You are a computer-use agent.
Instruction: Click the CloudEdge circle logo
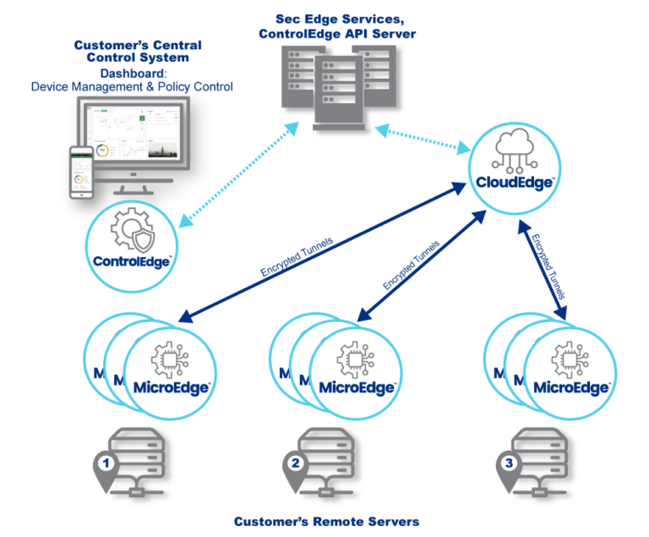coord(514,167)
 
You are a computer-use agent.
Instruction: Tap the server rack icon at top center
coord(338,85)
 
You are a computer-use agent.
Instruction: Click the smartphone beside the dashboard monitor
coord(81,172)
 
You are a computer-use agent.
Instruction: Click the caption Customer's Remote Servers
coord(326,521)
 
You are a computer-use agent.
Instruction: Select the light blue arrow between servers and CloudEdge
coord(423,140)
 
